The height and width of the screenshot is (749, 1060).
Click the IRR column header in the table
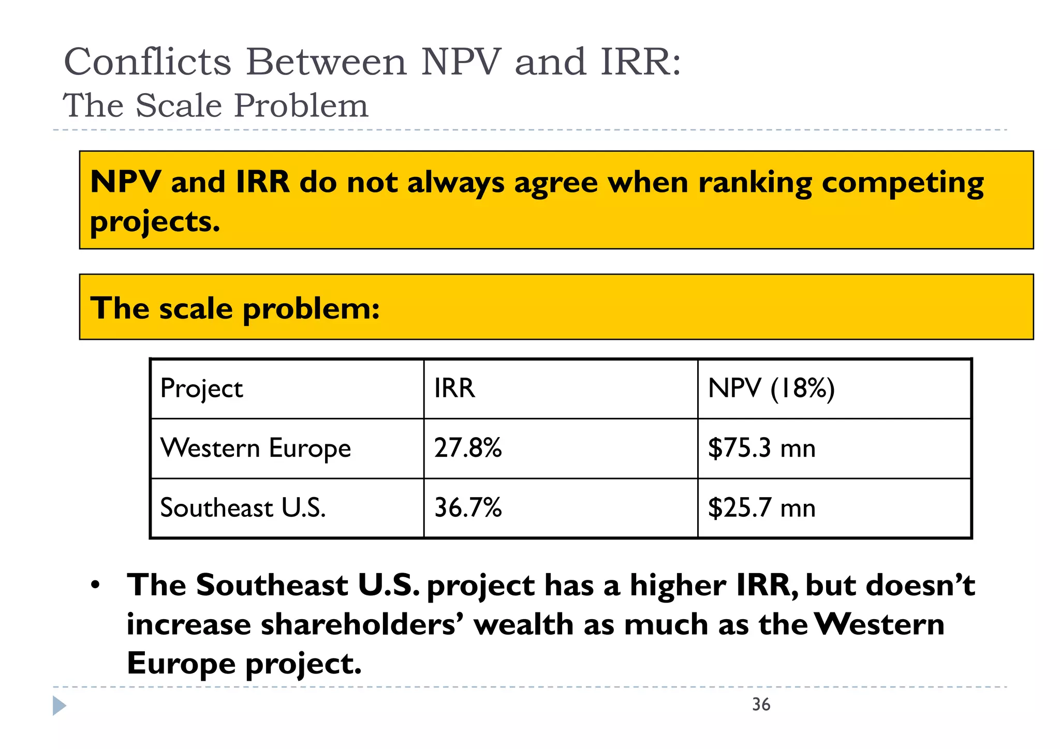454,388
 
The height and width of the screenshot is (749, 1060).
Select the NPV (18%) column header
771,388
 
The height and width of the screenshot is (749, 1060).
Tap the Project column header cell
201,388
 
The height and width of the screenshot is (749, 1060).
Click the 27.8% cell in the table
468,448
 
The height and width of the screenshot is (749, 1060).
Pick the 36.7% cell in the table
468,507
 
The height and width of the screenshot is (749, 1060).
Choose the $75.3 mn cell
761,448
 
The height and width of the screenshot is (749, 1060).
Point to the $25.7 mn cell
761,507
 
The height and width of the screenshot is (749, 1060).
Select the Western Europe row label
256,448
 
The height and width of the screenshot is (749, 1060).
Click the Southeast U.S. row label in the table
243,507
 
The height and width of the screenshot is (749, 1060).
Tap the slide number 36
761,705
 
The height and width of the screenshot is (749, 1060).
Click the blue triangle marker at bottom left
59,706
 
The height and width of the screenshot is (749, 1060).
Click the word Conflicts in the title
148,62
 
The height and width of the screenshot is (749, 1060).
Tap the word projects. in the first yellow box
155,222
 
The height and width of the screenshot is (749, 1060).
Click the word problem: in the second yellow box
311,309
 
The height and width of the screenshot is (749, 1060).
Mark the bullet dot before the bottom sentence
95,586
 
